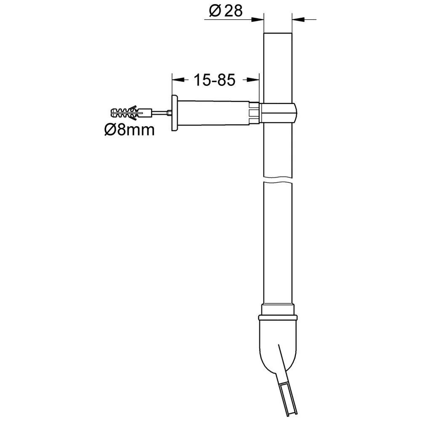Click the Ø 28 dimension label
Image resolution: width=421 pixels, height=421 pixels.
point(226,11)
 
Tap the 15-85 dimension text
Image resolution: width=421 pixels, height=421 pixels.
point(214,80)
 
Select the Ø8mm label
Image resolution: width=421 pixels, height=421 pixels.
point(129,130)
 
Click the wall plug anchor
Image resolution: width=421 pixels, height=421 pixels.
point(131,113)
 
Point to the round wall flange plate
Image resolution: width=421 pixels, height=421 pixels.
point(175,113)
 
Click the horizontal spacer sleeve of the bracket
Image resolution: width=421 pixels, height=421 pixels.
point(213,113)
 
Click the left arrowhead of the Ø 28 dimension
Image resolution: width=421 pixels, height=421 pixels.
point(257,19)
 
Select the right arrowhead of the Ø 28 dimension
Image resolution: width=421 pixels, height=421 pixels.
point(298,19)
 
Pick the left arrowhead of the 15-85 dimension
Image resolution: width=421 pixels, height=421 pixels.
point(178,80)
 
